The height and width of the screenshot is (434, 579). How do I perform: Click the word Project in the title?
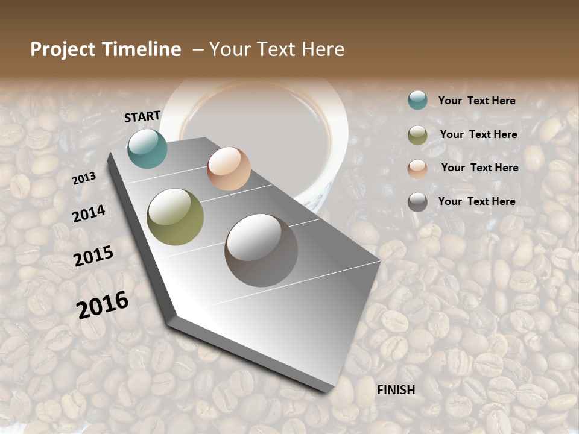coord(63,49)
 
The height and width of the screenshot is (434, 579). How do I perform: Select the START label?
coord(142,116)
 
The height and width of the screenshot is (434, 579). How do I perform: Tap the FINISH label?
coord(396,390)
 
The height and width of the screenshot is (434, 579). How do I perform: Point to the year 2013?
coord(84,178)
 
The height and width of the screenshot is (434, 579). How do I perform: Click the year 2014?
coord(89,213)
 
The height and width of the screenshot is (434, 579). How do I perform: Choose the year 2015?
coord(93,256)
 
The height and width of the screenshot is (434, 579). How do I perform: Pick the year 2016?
coord(103,304)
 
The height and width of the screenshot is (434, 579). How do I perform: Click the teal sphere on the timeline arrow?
coord(147,148)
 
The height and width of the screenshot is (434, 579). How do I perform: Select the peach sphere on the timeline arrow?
coord(229,169)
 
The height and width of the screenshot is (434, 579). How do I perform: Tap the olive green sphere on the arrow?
coord(176,217)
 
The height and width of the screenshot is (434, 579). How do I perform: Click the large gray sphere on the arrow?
coord(261,250)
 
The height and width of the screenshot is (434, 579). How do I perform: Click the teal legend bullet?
coord(417,100)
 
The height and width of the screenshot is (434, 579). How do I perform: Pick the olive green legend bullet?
coord(417,135)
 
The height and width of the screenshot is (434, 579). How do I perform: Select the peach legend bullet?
coord(417,169)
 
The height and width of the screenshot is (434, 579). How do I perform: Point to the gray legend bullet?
coord(417,202)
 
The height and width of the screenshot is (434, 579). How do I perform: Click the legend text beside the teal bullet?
coord(476,101)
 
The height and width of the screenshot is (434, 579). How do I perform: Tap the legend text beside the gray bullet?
coord(476,201)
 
